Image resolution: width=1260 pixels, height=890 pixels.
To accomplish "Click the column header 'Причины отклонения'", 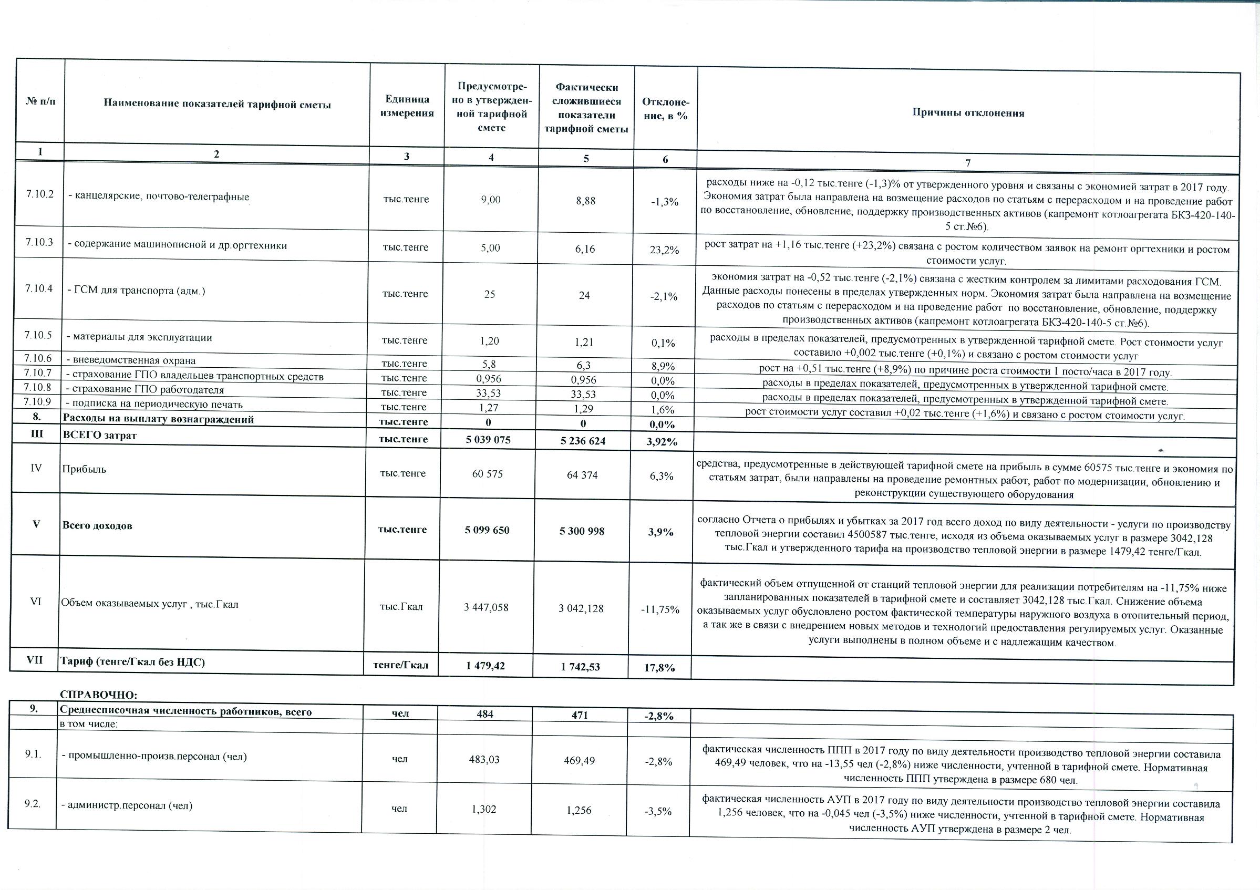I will click(968, 113).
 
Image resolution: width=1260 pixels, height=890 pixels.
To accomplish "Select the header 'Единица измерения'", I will click(407, 106).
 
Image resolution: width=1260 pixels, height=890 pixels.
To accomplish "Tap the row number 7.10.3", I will click(39, 242).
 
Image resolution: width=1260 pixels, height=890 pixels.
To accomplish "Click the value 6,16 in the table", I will click(585, 249).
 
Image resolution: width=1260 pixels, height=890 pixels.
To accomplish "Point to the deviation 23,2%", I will click(665, 250).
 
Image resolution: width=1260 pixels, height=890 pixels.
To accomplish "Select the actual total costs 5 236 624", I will click(583, 441).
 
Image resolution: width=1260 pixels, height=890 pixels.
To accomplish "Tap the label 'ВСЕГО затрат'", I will click(100, 435).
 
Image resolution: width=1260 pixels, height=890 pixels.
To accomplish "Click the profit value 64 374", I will click(582, 475).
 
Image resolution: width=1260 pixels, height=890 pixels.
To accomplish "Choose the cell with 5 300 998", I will click(582, 531).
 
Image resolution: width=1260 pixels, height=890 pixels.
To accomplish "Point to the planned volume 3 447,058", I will click(486, 607).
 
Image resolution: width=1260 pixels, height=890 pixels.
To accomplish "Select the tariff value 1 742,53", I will click(580, 667).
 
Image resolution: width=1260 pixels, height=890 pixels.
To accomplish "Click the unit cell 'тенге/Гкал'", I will click(400, 665).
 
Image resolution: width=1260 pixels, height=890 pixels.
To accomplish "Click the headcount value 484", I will click(484, 714).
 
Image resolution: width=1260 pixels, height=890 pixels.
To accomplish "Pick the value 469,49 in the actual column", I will click(579, 761).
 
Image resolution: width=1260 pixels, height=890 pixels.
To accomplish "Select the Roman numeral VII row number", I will click(35, 660).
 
